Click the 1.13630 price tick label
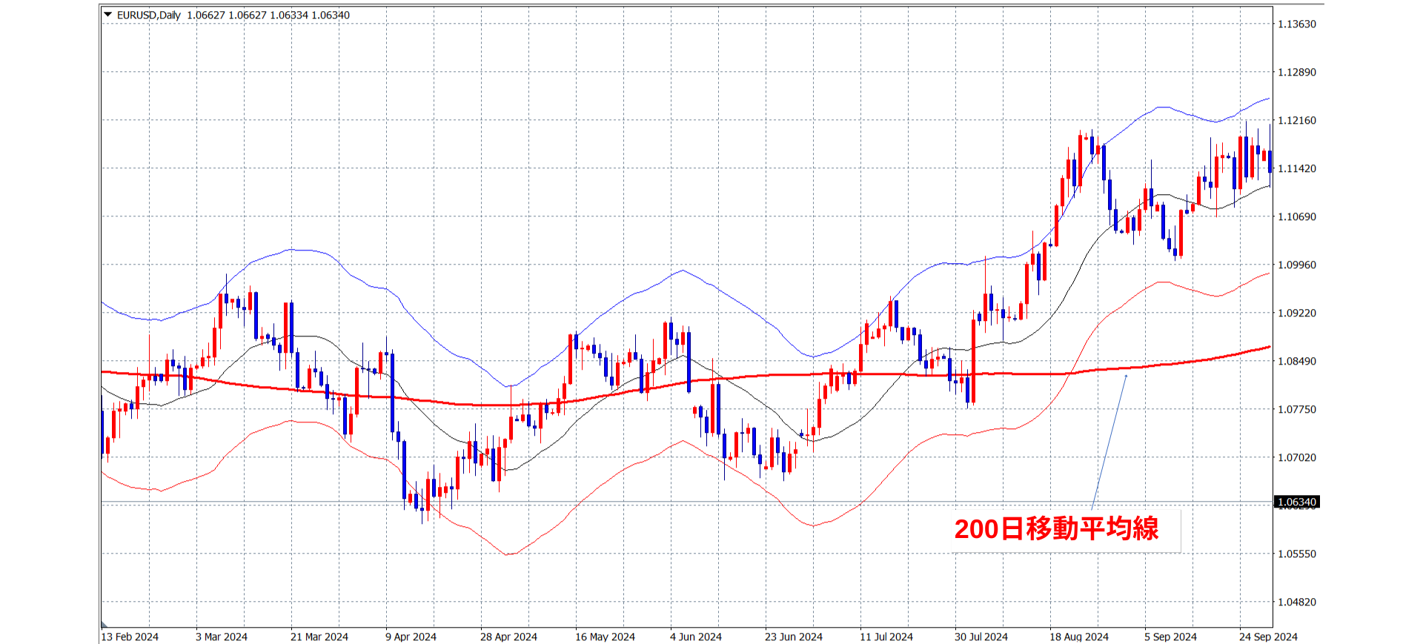click(x=1296, y=24)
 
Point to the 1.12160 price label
click(x=1296, y=121)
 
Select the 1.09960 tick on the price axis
click(x=1296, y=265)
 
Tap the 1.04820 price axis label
click(x=1296, y=602)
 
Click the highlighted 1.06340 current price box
click(x=1296, y=502)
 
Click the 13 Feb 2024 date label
click(x=130, y=637)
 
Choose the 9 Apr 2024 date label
click(x=411, y=637)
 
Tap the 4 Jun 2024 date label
click(x=695, y=637)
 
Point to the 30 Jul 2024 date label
click(x=981, y=637)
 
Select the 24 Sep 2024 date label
click(x=1268, y=637)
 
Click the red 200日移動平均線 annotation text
click(x=1056, y=529)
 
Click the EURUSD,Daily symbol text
click(x=148, y=16)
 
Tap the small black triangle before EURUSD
click(x=108, y=15)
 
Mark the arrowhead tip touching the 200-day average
click(x=1127, y=375)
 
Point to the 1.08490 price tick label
click(x=1296, y=362)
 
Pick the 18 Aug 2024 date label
click(x=1078, y=637)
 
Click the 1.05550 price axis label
click(x=1296, y=554)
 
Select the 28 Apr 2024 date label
click(x=508, y=637)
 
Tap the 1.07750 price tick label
click(x=1296, y=410)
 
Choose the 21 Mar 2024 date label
click(x=319, y=637)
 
